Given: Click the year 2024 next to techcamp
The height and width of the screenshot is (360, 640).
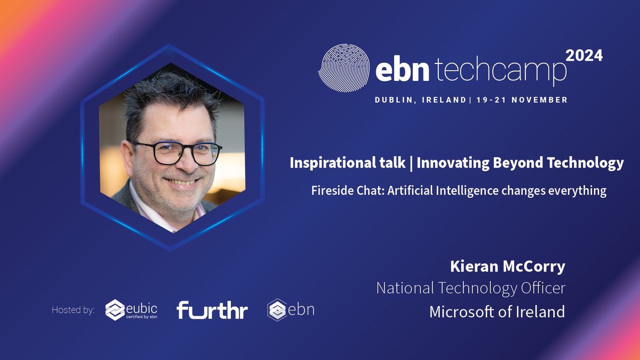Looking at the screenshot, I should pyautogui.click(x=584, y=56).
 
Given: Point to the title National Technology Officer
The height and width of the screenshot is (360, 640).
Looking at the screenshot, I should pyautogui.click(x=470, y=288).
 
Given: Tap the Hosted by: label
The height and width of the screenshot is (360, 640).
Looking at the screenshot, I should pyautogui.click(x=73, y=310).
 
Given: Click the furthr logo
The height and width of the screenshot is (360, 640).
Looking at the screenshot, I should pyautogui.click(x=212, y=310).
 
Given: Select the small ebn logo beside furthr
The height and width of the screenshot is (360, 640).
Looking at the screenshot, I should pyautogui.click(x=291, y=310).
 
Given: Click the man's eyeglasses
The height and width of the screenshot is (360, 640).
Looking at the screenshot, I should pyautogui.click(x=175, y=153).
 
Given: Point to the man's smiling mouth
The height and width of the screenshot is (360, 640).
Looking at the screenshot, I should pyautogui.click(x=180, y=182).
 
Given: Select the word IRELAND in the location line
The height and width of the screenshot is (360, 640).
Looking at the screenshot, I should pyautogui.click(x=443, y=100).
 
